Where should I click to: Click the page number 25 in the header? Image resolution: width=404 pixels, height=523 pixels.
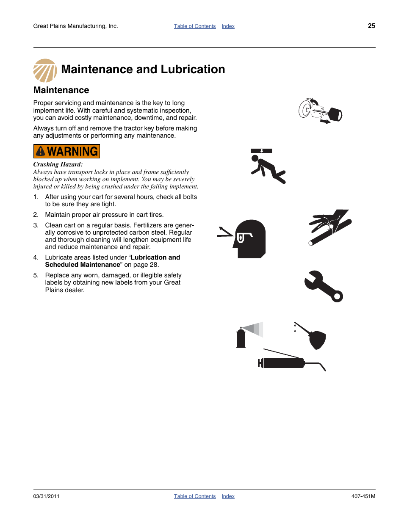coord(371,26)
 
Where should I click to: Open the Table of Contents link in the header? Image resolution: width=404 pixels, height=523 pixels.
coord(195,26)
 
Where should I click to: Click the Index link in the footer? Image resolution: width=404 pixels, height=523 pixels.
coord(228,496)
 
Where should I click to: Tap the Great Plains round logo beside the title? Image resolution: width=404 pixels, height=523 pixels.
coord(45,71)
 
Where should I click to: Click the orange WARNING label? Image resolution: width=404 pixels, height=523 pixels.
coord(66,151)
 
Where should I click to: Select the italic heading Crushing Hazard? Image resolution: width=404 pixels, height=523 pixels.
coord(58,164)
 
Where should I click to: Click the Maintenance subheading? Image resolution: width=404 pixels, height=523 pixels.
coord(61,90)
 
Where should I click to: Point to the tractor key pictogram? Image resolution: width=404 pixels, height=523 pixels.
coord(320,111)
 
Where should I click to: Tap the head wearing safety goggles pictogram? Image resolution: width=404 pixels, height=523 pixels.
coord(246,238)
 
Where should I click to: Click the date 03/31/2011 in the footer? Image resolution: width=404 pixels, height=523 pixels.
coord(46,496)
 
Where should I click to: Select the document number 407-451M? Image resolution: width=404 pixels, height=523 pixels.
coord(363,496)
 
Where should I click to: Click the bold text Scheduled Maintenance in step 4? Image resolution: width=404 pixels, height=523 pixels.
coord(83,265)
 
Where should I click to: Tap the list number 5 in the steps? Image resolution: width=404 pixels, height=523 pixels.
coord(36,275)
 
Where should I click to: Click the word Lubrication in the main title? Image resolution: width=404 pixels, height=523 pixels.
coord(193,69)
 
